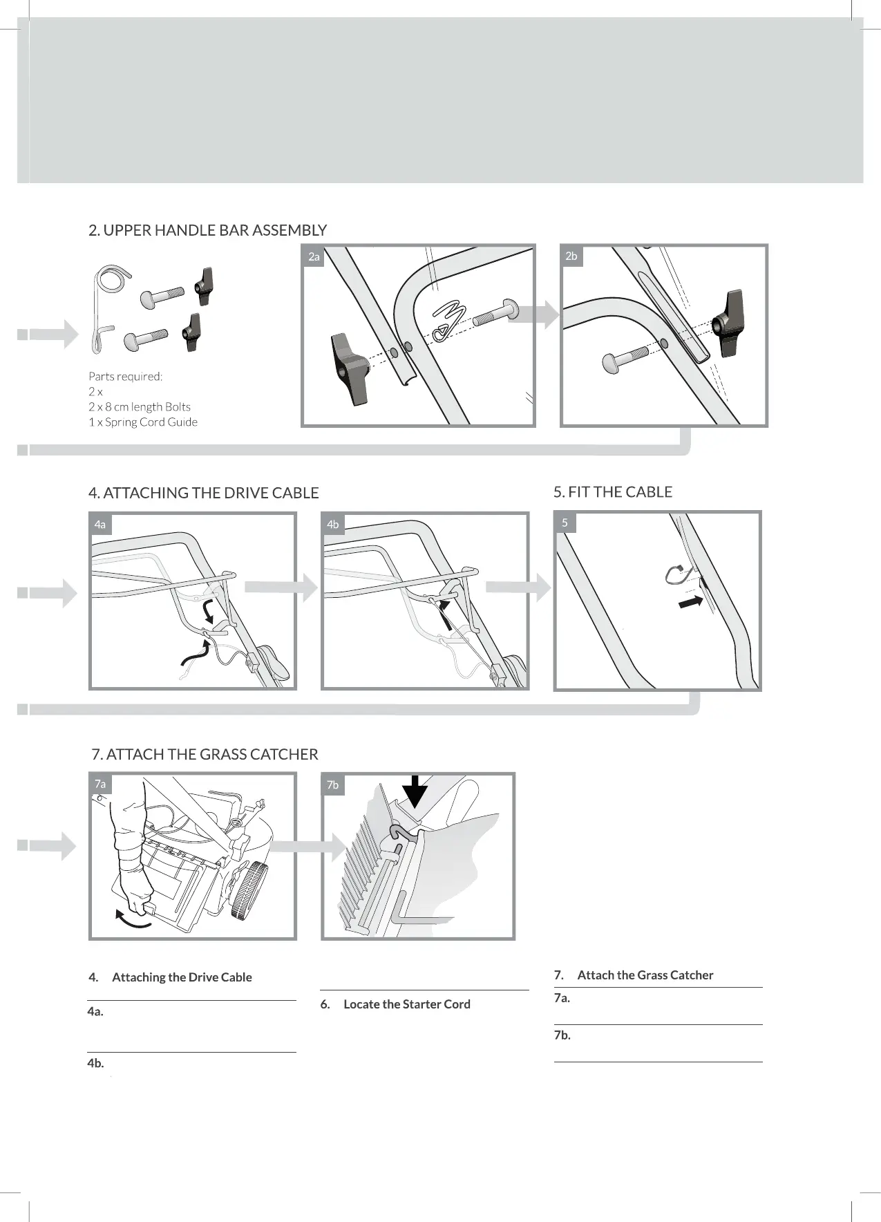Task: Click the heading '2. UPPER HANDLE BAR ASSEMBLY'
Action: [207, 230]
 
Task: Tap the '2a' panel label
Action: [314, 256]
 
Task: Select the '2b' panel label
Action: [571, 256]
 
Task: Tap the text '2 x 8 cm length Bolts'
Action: [140, 407]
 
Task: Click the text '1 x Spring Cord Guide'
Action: [143, 422]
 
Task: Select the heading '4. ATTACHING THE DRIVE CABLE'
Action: [204, 493]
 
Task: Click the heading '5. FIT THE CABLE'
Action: [613, 492]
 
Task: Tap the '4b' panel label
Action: [333, 525]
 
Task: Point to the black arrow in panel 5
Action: [691, 602]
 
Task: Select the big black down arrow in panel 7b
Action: [415, 791]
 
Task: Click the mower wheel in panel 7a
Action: [248, 892]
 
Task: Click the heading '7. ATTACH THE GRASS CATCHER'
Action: [205, 754]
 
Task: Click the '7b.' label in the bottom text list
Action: [562, 1035]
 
